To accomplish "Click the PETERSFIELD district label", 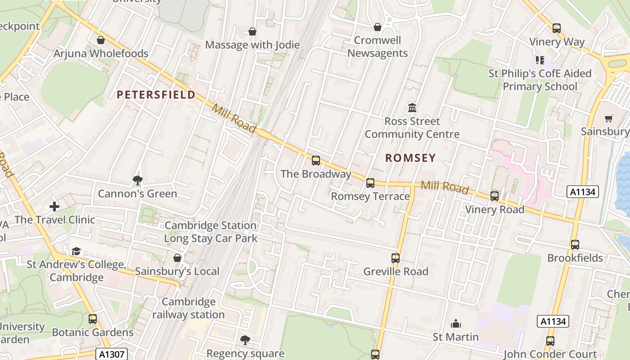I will [x=156, y=94].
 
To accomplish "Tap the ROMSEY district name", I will [x=410, y=157].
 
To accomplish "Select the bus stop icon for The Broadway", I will [x=316, y=160].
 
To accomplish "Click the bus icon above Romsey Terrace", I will [x=370, y=183].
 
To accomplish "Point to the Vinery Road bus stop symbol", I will [x=495, y=196].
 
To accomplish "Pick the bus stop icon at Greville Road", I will [x=396, y=258].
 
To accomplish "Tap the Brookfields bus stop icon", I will [x=575, y=244].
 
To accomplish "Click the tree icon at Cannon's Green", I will [x=138, y=180].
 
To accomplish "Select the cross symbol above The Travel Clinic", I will [x=54, y=207].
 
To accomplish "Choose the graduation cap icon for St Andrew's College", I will [x=76, y=251].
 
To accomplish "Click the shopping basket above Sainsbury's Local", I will [x=177, y=258].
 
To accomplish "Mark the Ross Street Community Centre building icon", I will [x=412, y=108].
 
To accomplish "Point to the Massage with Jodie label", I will [x=252, y=45].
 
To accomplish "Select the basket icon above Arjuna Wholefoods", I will [x=101, y=40].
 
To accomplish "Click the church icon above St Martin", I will [x=456, y=324].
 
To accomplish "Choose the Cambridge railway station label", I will [x=189, y=308].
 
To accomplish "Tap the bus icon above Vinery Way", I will [x=557, y=28].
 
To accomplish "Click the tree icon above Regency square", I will [x=245, y=340].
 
